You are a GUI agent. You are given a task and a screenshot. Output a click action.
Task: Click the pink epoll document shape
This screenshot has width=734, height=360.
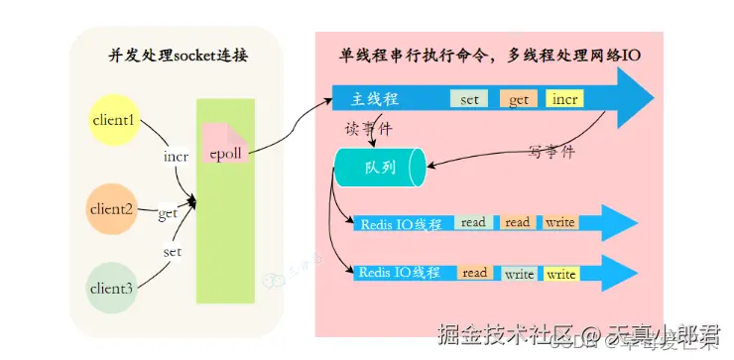[x=224, y=148]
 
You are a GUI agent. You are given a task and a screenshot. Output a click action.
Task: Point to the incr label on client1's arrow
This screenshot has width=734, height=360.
[x=176, y=157]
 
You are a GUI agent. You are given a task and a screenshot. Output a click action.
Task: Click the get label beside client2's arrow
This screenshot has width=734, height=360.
[x=168, y=213]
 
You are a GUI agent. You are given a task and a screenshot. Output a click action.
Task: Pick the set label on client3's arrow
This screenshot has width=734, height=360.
[x=173, y=252]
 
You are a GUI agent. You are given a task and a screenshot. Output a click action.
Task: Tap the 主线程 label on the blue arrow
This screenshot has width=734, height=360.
[x=376, y=100]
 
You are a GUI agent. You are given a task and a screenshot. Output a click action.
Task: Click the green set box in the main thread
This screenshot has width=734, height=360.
[x=469, y=100]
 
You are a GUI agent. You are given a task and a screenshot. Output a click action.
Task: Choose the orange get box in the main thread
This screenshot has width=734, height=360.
[x=519, y=100]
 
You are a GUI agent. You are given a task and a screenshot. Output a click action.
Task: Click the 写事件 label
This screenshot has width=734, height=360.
[x=551, y=153]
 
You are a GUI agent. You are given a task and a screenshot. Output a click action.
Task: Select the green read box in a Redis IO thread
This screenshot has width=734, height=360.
[x=474, y=223]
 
